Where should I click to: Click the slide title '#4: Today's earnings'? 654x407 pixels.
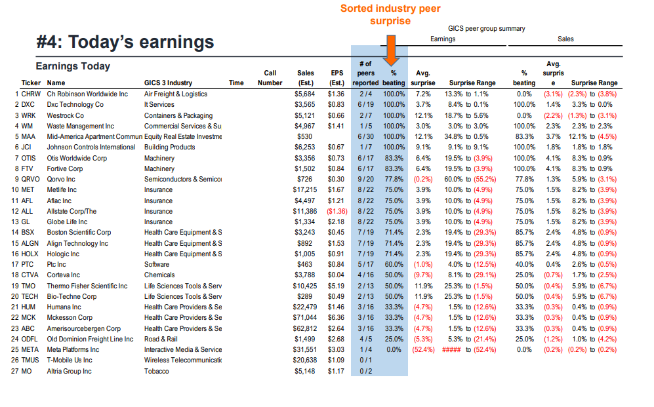click(125, 42)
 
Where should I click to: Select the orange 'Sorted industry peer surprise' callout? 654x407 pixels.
click(390, 14)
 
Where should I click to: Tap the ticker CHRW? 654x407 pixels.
click(31, 94)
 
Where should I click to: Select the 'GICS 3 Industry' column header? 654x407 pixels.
click(168, 83)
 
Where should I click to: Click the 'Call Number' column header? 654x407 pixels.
click(270, 78)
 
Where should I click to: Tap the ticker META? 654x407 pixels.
click(31, 350)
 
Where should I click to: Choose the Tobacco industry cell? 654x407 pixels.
click(157, 372)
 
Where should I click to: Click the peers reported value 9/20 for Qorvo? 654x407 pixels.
click(367, 180)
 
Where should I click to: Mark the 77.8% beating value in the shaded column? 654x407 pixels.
click(394, 180)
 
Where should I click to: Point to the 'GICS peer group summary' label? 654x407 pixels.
click(486, 29)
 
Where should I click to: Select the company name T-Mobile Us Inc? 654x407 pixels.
click(70, 360)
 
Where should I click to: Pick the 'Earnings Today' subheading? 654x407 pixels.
click(73, 66)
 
